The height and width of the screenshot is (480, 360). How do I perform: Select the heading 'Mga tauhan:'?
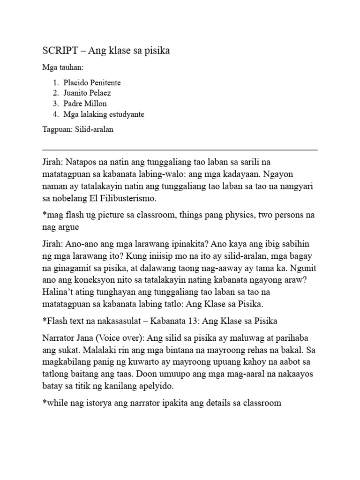coord(63,68)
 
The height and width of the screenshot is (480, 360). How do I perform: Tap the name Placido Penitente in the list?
coord(92,82)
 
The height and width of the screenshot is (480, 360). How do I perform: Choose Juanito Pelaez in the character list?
coord(88,93)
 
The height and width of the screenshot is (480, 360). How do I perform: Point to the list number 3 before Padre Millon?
coord(55,104)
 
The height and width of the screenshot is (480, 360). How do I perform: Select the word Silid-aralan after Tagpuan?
coord(94,130)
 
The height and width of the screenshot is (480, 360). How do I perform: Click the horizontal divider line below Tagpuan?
coord(180,150)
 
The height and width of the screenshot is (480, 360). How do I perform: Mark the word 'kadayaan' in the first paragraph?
coord(241,175)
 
